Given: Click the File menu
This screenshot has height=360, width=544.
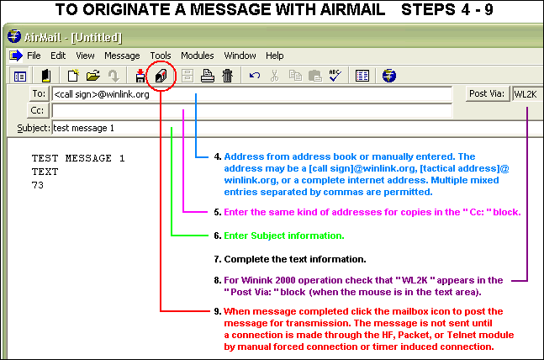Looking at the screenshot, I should pyautogui.click(x=34, y=56).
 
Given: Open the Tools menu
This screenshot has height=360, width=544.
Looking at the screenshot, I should pyautogui.click(x=160, y=56).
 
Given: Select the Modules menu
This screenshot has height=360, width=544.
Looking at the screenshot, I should pyautogui.click(x=197, y=56).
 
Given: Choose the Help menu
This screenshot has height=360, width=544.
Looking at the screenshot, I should pyautogui.click(x=275, y=56).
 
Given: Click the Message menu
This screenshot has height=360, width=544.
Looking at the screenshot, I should pyautogui.click(x=122, y=56).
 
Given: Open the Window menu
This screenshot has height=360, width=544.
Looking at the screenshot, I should pyautogui.click(x=240, y=56).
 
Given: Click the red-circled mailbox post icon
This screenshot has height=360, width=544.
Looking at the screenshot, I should pyautogui.click(x=161, y=76).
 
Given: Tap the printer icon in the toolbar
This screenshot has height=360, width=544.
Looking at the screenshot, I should pyautogui.click(x=207, y=76).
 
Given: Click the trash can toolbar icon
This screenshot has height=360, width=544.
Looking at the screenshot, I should pyautogui.click(x=227, y=76).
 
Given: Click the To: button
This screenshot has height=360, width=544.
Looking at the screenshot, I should pyautogui.click(x=38, y=94).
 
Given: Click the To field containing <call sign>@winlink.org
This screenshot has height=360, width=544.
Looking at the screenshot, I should pyautogui.click(x=252, y=94).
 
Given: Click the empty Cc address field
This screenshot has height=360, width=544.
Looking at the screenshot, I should pyautogui.click(x=252, y=111).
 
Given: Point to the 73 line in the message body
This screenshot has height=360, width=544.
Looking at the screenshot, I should pyautogui.click(x=38, y=185).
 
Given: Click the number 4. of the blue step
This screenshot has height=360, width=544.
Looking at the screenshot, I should pyautogui.click(x=217, y=156).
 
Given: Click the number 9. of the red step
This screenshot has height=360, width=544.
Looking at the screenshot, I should pyautogui.click(x=217, y=311).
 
